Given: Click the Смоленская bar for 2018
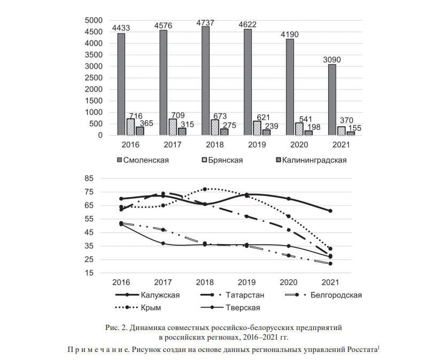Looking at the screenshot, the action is [x=205, y=81].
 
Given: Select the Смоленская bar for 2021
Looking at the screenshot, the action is [x=332, y=100].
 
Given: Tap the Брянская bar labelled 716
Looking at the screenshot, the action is [x=130, y=127].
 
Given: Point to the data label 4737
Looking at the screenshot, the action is [x=205, y=22].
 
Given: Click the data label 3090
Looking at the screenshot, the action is [x=332, y=60].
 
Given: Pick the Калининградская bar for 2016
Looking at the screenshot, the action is [x=140, y=131].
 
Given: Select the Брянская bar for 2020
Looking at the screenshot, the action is [x=299, y=129].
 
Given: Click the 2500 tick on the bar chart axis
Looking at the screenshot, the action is [x=94, y=77].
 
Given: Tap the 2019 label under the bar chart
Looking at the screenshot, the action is [x=257, y=145].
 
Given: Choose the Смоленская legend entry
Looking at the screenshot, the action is [x=143, y=160].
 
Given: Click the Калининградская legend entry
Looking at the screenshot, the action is [x=312, y=160].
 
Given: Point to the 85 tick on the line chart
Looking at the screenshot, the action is [x=89, y=178].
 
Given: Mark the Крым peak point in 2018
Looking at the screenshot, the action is [x=205, y=189].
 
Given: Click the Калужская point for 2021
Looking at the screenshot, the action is [x=330, y=211].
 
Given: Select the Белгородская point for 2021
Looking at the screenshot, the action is [x=330, y=264].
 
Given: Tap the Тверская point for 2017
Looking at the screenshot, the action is [x=163, y=244].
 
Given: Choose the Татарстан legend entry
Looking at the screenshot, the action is [x=232, y=295].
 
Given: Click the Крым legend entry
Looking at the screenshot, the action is [x=138, y=308].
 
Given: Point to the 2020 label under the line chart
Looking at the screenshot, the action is [x=289, y=283].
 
